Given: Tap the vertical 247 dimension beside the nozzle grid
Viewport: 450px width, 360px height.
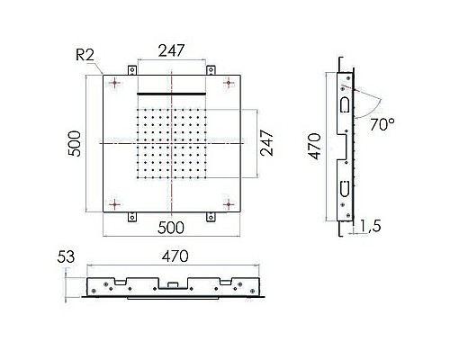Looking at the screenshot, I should click(267, 142).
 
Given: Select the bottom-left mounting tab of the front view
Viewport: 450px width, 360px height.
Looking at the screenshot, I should click(131, 215).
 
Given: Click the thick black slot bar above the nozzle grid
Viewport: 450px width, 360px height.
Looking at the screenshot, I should click(172, 93).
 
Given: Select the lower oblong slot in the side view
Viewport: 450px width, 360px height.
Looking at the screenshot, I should click(344, 188).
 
